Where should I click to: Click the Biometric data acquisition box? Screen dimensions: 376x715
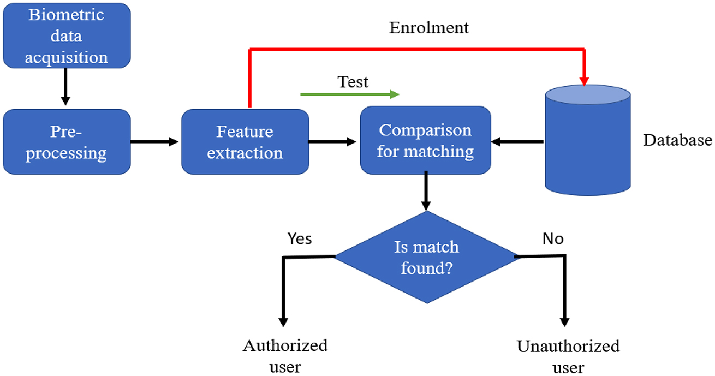[x=67, y=35]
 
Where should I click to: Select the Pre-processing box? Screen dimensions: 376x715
[x=67, y=142]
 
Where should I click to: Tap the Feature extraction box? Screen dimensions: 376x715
[x=245, y=142]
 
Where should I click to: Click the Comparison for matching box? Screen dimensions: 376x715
[x=425, y=140]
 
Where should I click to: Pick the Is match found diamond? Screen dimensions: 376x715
[x=427, y=257]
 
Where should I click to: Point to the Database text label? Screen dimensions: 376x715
[x=677, y=140]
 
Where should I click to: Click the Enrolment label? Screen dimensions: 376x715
[x=428, y=28]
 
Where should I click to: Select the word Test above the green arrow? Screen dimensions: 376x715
[x=353, y=82]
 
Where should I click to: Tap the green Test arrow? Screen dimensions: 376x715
[x=349, y=94]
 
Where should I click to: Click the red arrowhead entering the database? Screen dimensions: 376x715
[x=585, y=81]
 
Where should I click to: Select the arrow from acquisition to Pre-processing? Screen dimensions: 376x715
[x=65, y=87]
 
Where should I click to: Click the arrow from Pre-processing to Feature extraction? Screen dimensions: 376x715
[x=155, y=142]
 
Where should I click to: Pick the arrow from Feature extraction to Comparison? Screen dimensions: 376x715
[x=333, y=142]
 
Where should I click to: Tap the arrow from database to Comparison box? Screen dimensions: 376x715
[x=517, y=142]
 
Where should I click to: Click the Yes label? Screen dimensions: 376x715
[x=300, y=238]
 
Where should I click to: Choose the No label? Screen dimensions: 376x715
[x=553, y=238]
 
